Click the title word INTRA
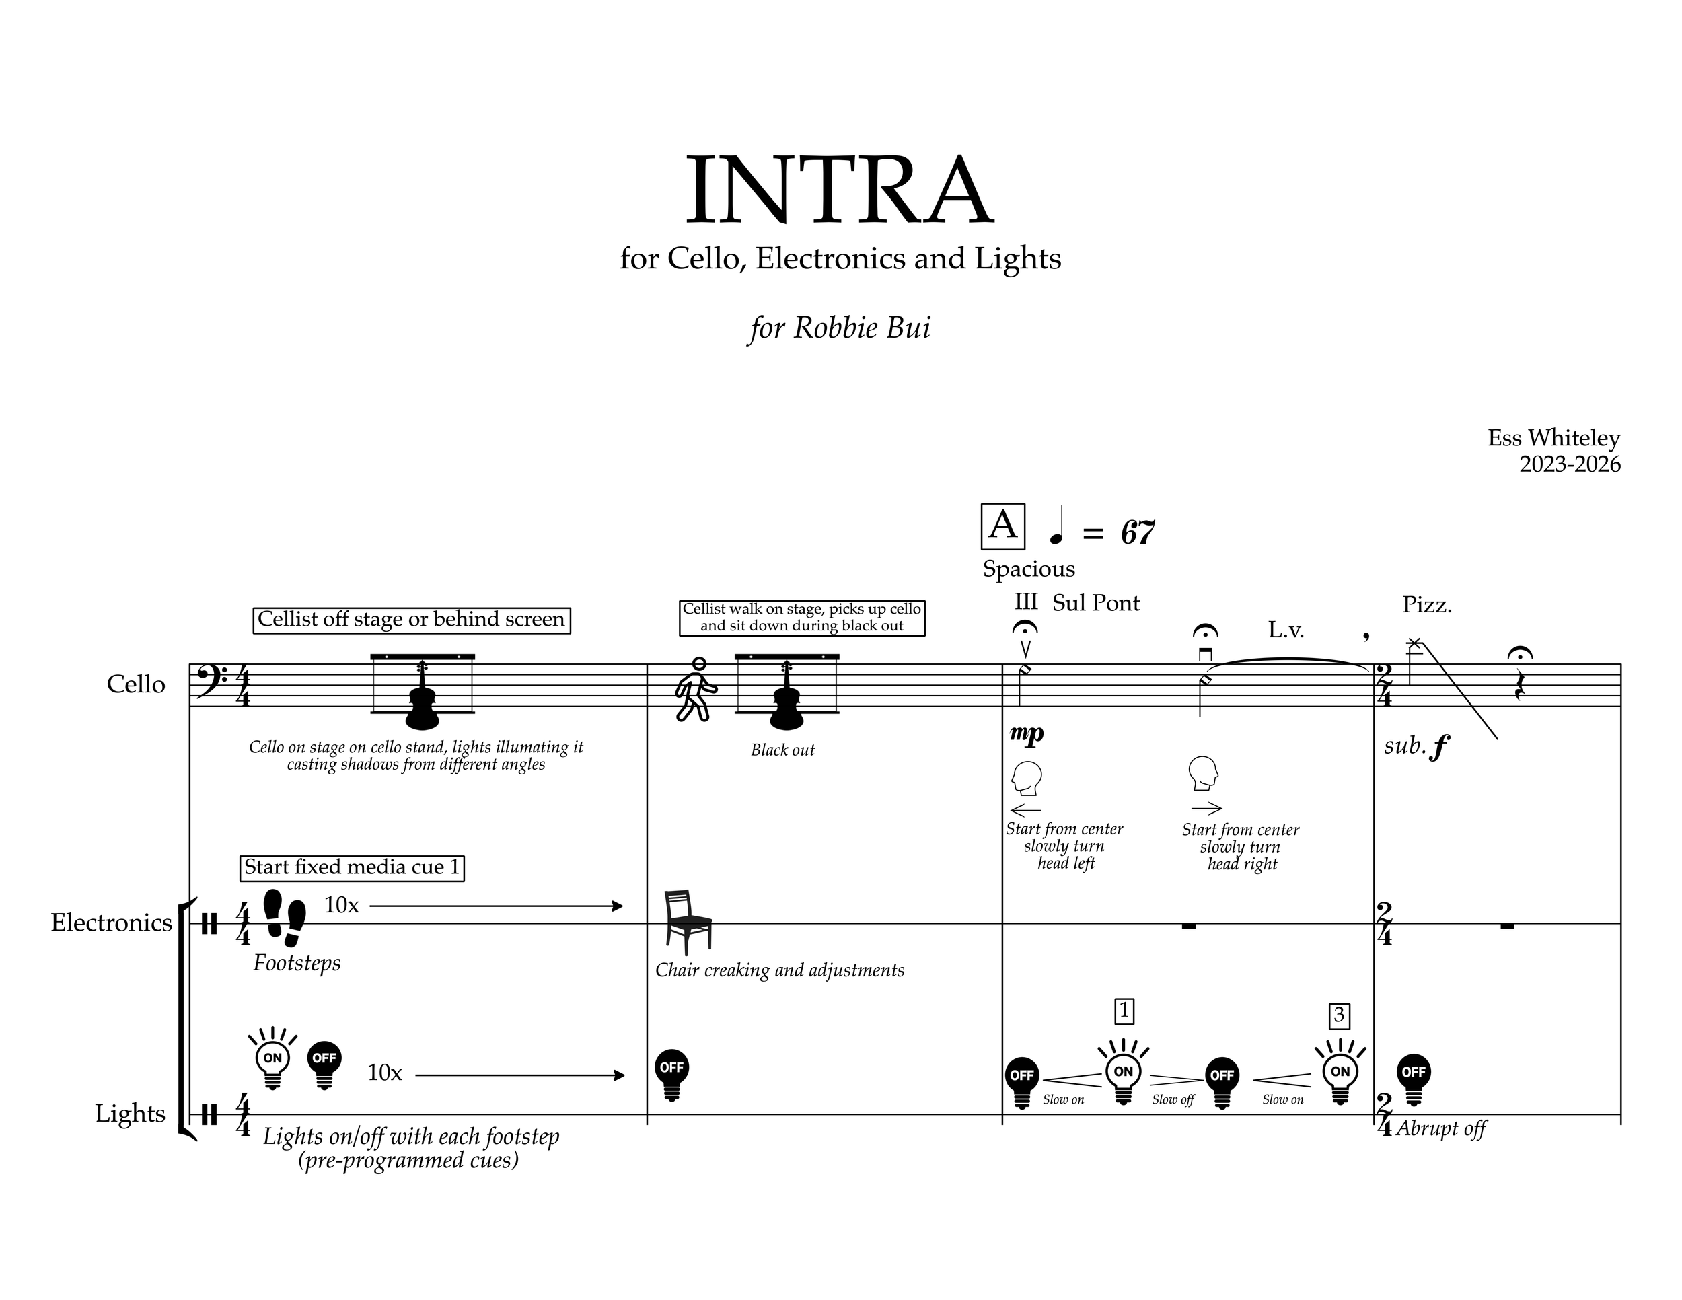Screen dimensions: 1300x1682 pyautogui.click(x=840, y=190)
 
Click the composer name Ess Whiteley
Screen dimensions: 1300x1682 pyautogui.click(x=1553, y=437)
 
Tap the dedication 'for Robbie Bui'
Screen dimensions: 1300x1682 pyautogui.click(x=840, y=327)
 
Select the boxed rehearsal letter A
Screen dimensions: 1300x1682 pyautogui.click(x=1002, y=526)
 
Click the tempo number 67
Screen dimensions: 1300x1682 pyautogui.click(x=1138, y=532)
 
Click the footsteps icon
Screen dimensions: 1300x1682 pyautogui.click(x=284, y=917)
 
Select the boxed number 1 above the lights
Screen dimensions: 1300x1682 pyautogui.click(x=1124, y=1011)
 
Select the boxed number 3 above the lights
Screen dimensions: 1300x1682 pyautogui.click(x=1340, y=1016)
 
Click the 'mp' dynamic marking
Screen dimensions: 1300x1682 pyautogui.click(x=1026, y=734)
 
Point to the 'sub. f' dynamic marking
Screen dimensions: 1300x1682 pyautogui.click(x=1416, y=746)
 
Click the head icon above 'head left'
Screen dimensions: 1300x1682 pyautogui.click(x=1026, y=778)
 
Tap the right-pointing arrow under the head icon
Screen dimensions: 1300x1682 pyautogui.click(x=1206, y=809)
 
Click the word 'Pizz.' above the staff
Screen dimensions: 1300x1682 pyautogui.click(x=1426, y=606)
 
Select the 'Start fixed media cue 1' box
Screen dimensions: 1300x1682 pyautogui.click(x=352, y=867)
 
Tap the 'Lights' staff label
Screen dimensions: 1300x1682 pyautogui.click(x=130, y=1114)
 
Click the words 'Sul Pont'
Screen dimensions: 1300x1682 pyautogui.click(x=1095, y=603)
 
